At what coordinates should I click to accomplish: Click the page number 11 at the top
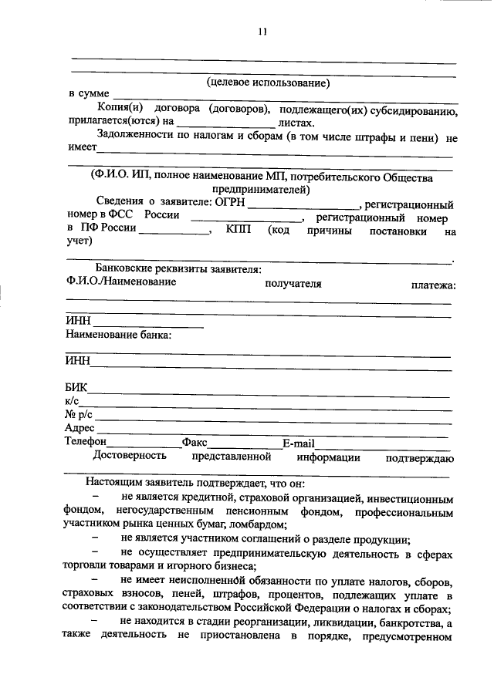click(x=262, y=32)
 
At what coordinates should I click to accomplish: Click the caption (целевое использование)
click(x=268, y=82)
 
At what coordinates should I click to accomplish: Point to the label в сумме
click(x=88, y=93)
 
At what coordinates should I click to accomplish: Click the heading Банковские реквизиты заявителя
click(x=173, y=269)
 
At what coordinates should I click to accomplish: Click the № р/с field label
click(x=79, y=415)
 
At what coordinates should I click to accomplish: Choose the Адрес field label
click(x=80, y=429)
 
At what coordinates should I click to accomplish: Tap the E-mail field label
click(x=297, y=443)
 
